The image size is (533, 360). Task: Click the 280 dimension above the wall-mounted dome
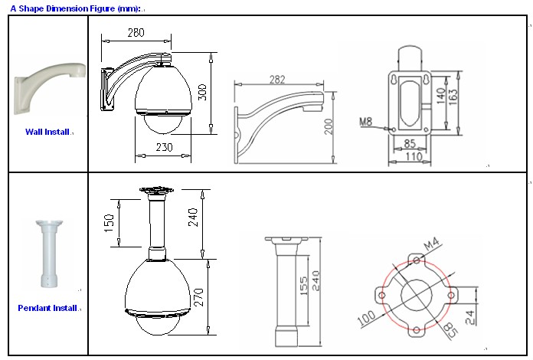tap(136, 33)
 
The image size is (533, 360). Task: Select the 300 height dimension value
tap(202, 92)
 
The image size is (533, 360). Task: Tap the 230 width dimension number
tap(164, 147)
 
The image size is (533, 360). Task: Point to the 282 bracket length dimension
tap(277, 80)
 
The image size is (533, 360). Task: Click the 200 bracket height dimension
tap(329, 126)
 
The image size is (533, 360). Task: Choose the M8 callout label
tap(366, 121)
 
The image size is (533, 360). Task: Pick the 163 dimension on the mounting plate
tap(453, 97)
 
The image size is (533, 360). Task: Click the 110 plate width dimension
tap(414, 157)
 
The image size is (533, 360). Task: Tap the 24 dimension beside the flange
tap(470, 318)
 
